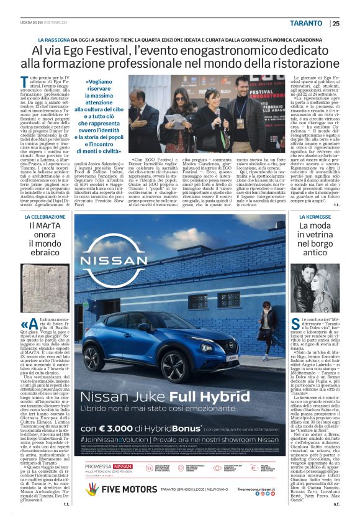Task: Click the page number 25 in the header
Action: coord(336,24)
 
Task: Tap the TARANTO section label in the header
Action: coord(306,24)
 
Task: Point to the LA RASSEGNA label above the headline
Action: coord(54,38)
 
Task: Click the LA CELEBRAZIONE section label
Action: coord(45,217)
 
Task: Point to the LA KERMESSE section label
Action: coord(315,217)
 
